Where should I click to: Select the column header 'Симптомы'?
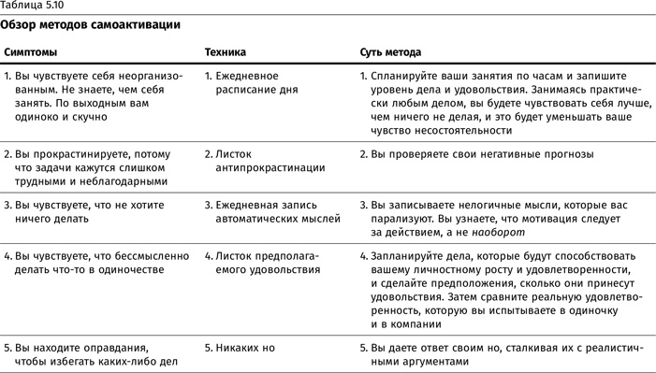coord(29,52)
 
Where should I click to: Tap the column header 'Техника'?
coord(224,52)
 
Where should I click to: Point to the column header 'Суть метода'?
coord(390,52)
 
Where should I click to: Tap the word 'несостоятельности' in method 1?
coord(418,131)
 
